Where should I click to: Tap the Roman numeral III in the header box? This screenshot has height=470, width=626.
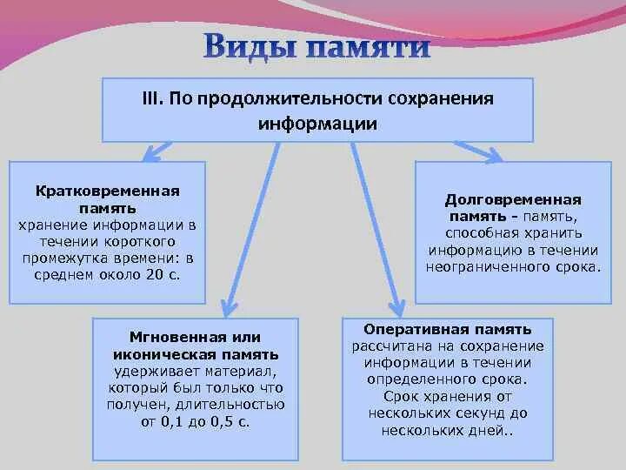(x=152, y=97)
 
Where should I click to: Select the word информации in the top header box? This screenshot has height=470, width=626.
(x=317, y=124)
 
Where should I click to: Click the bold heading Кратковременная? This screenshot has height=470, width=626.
(x=108, y=190)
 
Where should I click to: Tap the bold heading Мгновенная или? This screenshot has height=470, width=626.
(x=195, y=337)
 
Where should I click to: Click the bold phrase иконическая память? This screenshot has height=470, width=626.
(x=195, y=354)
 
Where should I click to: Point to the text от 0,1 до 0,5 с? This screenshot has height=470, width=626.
(x=195, y=421)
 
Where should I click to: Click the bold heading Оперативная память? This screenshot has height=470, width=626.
(x=448, y=330)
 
